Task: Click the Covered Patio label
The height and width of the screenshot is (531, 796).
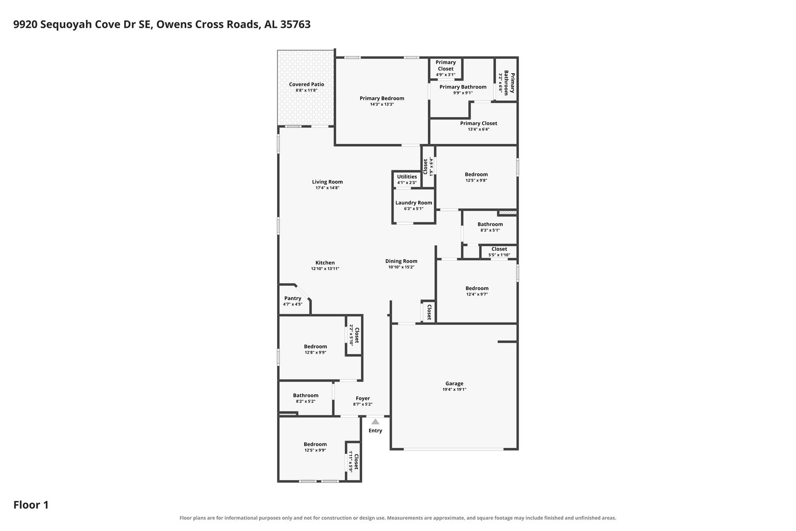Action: point(306,84)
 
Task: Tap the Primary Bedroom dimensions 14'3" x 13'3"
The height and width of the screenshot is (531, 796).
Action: point(382,104)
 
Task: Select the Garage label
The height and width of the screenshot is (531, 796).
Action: point(454,383)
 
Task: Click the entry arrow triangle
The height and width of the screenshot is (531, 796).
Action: point(375,421)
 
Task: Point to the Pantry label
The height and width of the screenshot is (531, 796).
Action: point(292,298)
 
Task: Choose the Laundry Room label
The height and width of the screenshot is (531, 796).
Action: point(414,203)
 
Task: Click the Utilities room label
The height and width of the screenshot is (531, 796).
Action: point(407,177)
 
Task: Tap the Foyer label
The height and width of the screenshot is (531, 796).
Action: point(363,398)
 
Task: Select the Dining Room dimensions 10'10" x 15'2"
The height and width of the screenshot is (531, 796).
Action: point(401,267)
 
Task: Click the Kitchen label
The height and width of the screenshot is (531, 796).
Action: point(325,263)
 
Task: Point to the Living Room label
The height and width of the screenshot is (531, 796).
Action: point(327,182)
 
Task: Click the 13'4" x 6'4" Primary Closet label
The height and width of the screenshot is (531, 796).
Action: point(478,123)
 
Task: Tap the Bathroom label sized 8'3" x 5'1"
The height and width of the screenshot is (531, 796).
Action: point(490,224)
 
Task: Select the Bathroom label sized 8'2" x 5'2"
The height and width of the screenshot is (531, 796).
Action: point(306,395)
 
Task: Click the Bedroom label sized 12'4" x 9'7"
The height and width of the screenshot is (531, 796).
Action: point(477,289)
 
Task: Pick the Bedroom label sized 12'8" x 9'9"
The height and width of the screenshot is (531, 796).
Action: point(315,347)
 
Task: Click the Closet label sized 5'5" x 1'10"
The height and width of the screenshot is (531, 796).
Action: point(499,249)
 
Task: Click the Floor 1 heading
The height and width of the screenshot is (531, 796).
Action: point(31,505)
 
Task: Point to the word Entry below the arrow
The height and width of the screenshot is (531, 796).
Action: point(375,431)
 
